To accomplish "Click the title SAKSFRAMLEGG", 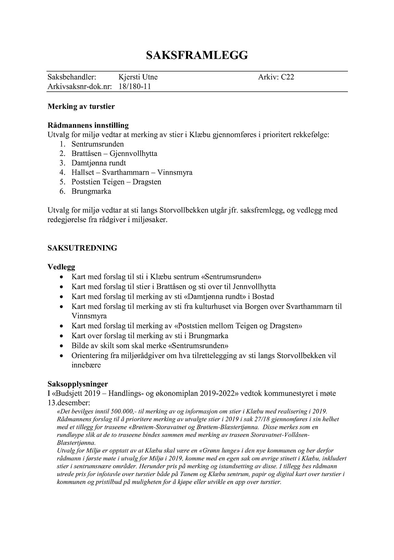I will tap(197, 55).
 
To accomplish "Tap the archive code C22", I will tap(287, 77).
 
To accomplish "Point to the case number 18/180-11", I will tap(135, 87).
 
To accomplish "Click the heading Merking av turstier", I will tap(81, 106).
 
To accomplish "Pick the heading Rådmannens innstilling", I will tap(88, 125).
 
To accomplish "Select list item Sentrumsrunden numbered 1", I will tap(98, 144).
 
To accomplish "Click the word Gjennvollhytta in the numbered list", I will tap(133, 153).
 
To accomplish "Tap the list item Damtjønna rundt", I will tap(99, 163).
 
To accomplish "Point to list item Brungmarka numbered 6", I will tap(91, 191).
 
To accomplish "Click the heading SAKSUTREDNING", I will tap(82, 248).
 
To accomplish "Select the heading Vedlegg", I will tap(61, 267).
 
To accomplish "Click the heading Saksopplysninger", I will tap(78, 384).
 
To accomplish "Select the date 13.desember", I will tap(69, 403).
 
